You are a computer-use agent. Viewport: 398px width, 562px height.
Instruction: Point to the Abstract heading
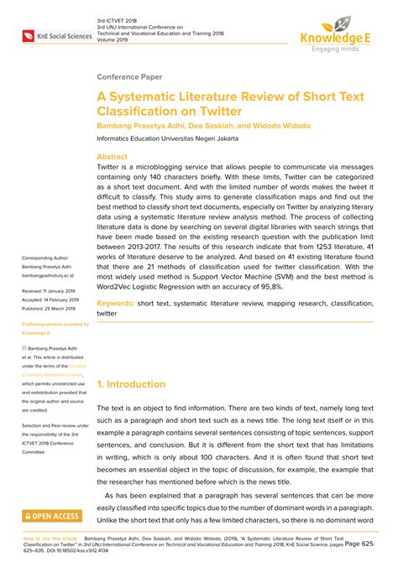(113, 156)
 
